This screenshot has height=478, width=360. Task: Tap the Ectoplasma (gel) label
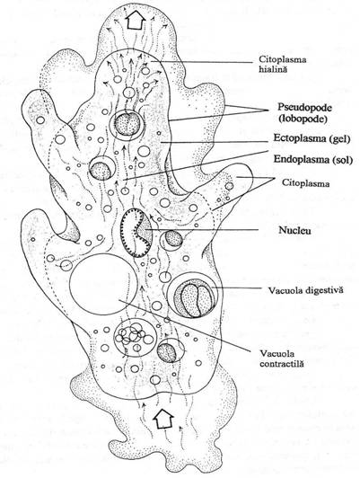pyautogui.click(x=312, y=138)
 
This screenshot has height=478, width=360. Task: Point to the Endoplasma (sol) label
pyautogui.click(x=313, y=159)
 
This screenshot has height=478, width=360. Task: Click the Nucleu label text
pyautogui.click(x=294, y=230)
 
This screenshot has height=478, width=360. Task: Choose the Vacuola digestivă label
pyautogui.click(x=305, y=289)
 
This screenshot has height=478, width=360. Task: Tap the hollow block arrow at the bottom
pyautogui.click(x=163, y=419)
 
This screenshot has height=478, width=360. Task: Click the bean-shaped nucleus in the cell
pyautogui.click(x=136, y=233)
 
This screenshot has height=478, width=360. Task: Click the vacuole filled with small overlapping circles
pyautogui.click(x=136, y=337)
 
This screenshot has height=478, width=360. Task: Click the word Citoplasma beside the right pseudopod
pyautogui.click(x=305, y=183)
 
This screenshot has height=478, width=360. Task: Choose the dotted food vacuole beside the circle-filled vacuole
pyautogui.click(x=171, y=350)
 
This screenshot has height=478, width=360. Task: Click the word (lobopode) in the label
pyautogui.click(x=303, y=119)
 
